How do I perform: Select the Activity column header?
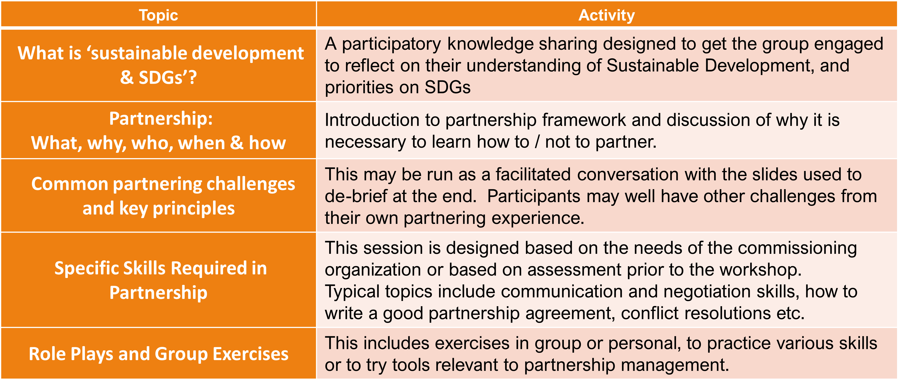tap(606, 15)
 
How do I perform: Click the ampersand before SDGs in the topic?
tap(127, 77)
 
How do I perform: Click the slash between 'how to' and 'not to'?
tap(537, 142)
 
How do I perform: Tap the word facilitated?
tap(533, 174)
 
